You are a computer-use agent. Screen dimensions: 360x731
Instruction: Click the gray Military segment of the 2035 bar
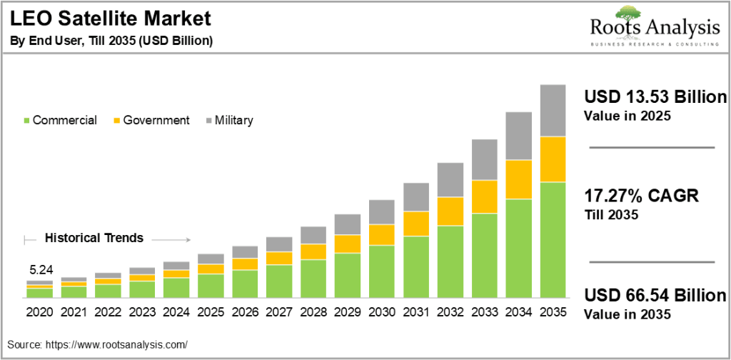point(553,110)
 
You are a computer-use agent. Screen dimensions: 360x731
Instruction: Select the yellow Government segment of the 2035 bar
point(553,159)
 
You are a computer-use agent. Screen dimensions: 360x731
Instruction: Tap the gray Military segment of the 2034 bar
point(518,136)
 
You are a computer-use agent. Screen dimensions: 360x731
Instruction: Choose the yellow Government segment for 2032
point(450,211)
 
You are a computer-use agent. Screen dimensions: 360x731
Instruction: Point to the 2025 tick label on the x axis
point(211,312)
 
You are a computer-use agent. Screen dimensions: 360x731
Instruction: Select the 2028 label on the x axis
point(313,312)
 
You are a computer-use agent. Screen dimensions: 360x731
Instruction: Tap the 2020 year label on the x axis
point(39,312)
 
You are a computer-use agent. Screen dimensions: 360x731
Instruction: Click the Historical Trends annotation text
point(94,238)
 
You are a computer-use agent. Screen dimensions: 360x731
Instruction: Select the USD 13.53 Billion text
point(655,97)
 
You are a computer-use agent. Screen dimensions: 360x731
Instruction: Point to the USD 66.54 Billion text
point(655,296)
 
